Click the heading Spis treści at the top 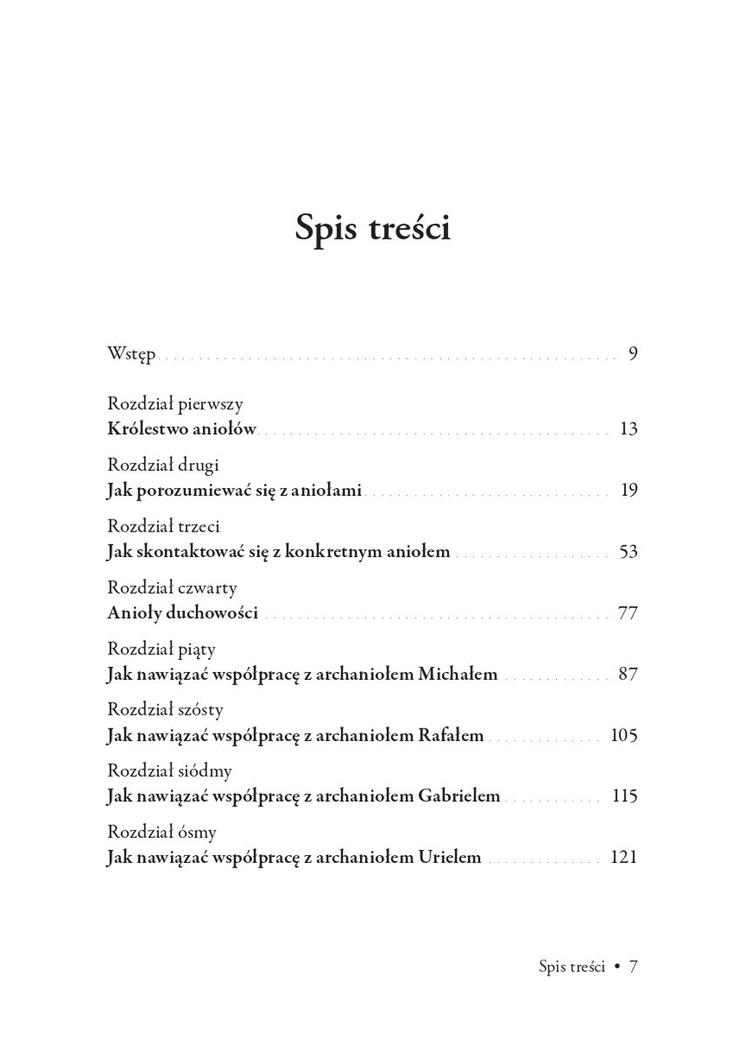[372, 228]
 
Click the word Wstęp [131, 354]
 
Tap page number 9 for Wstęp [633, 354]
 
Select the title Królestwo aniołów [181, 429]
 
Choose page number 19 [629, 490]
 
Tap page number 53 [628, 552]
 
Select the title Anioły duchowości [182, 613]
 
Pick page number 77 [628, 613]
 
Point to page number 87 [628, 674]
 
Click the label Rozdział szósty [166, 710]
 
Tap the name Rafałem [451, 735]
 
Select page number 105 [625, 735]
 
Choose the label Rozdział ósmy [162, 832]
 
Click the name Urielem [450, 857]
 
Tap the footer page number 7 [635, 967]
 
